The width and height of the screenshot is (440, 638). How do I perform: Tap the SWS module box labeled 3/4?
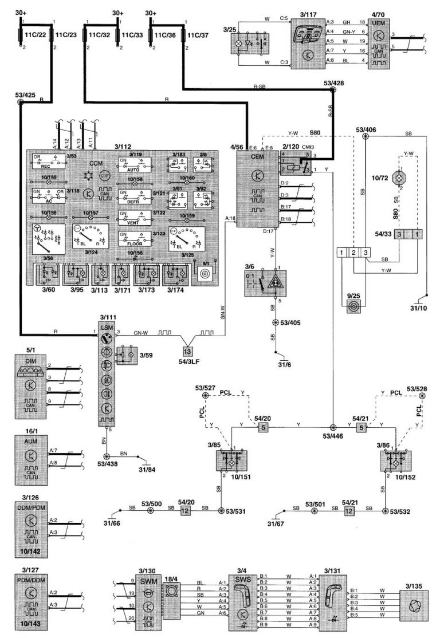tap(244, 601)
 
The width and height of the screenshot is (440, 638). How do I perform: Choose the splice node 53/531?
tap(221, 510)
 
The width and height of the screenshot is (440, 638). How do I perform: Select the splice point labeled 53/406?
tap(366, 136)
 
